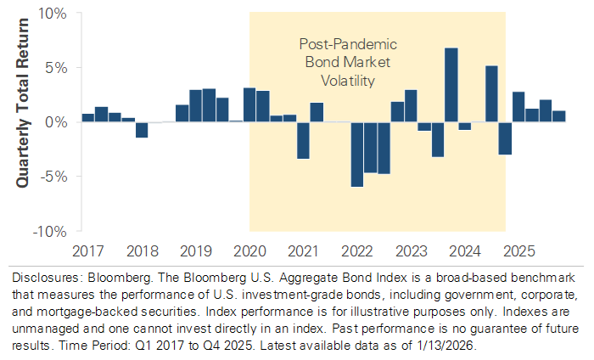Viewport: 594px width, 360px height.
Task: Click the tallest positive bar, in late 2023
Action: click(451, 85)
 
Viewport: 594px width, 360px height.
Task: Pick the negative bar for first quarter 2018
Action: click(142, 130)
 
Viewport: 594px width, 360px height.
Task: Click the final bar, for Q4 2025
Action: click(559, 116)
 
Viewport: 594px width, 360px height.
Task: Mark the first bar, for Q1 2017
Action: click(88, 117)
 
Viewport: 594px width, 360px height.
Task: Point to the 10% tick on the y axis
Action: click(53, 14)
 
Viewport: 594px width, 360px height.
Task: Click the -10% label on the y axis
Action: click(51, 230)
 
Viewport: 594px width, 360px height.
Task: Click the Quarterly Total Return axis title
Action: click(22, 122)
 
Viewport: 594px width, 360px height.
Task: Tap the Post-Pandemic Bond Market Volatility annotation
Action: click(338, 62)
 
